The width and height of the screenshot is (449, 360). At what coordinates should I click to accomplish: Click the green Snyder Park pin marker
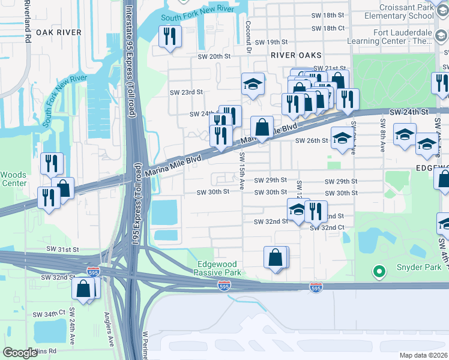pyautogui.click(x=378, y=273)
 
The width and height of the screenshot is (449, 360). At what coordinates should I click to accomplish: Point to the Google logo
pyautogui.click(x=20, y=353)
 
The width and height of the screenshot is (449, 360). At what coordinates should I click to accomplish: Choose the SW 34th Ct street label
pyautogui.click(x=49, y=314)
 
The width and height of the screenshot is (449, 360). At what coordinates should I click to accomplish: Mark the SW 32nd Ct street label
pyautogui.click(x=327, y=228)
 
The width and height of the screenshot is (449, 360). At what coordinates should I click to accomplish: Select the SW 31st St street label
pyautogui.click(x=62, y=248)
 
